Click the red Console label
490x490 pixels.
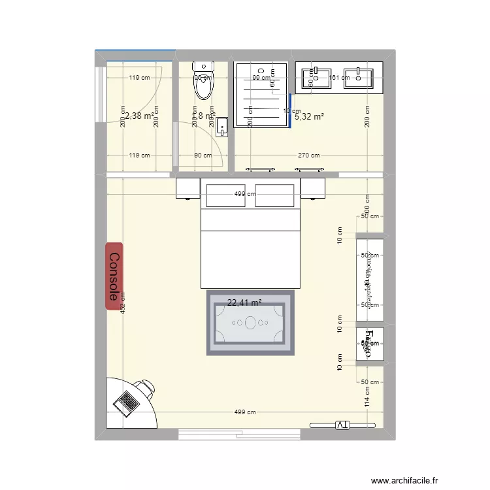(x=114, y=276)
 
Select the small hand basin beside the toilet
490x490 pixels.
(x=221, y=125)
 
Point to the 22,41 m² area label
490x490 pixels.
(x=244, y=302)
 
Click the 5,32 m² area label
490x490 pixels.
(x=309, y=117)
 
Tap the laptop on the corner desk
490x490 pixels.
(x=127, y=400)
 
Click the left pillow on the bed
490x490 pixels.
(x=225, y=195)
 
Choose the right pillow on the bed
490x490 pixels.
(x=274, y=195)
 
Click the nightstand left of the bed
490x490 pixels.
(x=188, y=189)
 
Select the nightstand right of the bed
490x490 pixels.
(x=313, y=189)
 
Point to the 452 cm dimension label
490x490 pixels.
(x=123, y=302)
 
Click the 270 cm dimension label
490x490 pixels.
(x=309, y=155)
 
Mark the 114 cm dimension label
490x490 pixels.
(x=367, y=395)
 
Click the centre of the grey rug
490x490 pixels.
(x=251, y=323)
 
